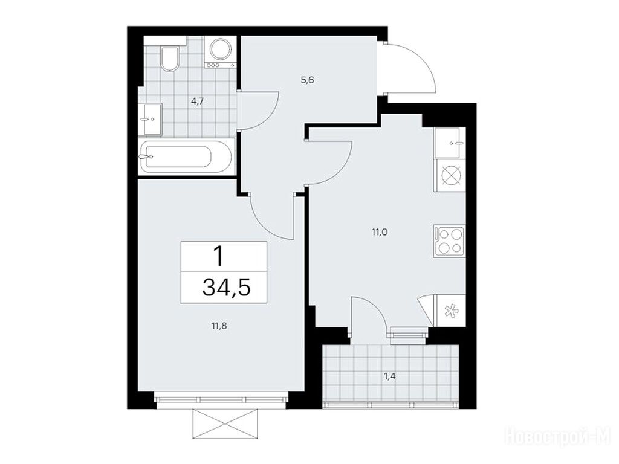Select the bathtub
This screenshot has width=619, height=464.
(186, 157)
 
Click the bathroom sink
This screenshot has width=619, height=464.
(152, 120)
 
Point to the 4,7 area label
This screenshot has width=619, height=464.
(197, 101)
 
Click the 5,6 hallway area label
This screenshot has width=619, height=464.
(307, 80)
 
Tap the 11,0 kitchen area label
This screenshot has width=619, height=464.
(380, 232)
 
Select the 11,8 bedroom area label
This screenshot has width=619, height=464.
(219, 326)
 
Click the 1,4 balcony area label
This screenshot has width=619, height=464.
(390, 376)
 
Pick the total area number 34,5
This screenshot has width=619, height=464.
(226, 287)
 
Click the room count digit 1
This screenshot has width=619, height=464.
(218, 256)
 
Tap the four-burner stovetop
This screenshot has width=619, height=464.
(450, 241)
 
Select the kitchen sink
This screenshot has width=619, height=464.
(450, 143)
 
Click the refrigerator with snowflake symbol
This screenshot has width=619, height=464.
(450, 311)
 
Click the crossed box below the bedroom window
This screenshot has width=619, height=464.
(225, 424)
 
